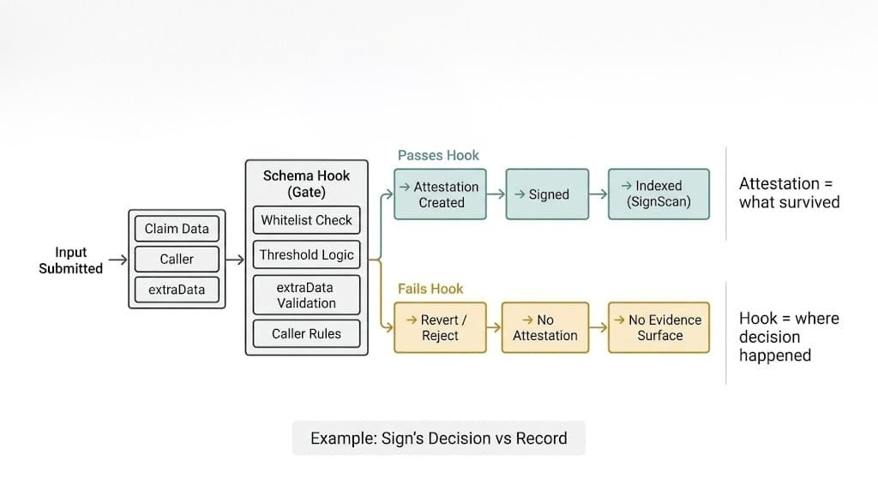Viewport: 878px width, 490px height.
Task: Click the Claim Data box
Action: pyautogui.click(x=177, y=229)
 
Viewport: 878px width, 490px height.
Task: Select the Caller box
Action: pyautogui.click(x=177, y=259)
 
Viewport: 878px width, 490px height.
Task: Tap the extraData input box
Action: pyautogui.click(x=177, y=290)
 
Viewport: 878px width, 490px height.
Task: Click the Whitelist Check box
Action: pyautogui.click(x=306, y=220)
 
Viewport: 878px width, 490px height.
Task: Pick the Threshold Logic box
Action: pyautogui.click(x=306, y=254)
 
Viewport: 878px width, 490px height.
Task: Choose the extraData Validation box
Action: pyautogui.click(x=306, y=295)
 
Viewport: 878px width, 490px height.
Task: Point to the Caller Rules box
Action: pyautogui.click(x=306, y=333)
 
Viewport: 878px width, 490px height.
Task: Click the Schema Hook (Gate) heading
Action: pyautogui.click(x=306, y=183)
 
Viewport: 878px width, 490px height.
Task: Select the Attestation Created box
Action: pyautogui.click(x=441, y=194)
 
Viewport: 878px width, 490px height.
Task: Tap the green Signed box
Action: pyautogui.click(x=547, y=194)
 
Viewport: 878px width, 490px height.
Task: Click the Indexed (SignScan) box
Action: pyautogui.click(x=658, y=194)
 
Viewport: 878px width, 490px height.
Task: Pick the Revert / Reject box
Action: pyautogui.click(x=440, y=327)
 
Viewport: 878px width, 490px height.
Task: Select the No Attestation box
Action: pyautogui.click(x=545, y=327)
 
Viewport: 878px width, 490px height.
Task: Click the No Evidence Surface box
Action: pyautogui.click(x=658, y=327)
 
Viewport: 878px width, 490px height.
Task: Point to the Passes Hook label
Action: pyautogui.click(x=438, y=155)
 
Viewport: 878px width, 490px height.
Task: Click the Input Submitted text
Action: pyautogui.click(x=71, y=260)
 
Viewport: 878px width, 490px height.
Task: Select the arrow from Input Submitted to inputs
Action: pyautogui.click(x=118, y=260)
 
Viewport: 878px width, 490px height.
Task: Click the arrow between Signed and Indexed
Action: pyautogui.click(x=598, y=194)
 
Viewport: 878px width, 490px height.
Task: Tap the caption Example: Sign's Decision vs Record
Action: pyautogui.click(x=438, y=438)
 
